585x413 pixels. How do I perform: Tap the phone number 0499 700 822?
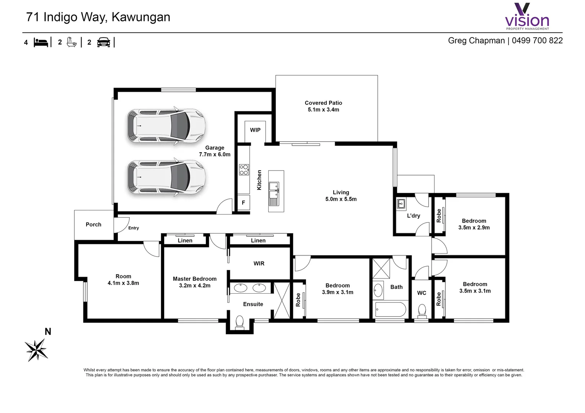point(537,41)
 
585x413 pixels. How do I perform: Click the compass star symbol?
point(36,350)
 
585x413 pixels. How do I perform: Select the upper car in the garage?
point(166,126)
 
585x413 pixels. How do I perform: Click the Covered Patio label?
point(323,103)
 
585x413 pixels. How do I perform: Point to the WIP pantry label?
point(255,130)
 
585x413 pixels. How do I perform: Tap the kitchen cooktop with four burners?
point(244,170)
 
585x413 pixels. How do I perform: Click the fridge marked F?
point(243,203)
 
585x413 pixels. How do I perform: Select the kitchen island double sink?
point(274,191)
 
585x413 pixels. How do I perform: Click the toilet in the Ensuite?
point(240,322)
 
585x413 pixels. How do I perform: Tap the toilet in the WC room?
point(422,311)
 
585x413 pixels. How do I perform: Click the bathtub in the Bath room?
point(390,309)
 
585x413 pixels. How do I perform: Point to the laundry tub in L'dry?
point(401,204)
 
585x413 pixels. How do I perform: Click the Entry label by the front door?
point(134,228)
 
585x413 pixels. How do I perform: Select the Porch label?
point(93,224)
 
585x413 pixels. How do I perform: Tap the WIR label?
point(259,263)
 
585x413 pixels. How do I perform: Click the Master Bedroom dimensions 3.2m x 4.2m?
point(194,286)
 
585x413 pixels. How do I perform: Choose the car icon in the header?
point(104,42)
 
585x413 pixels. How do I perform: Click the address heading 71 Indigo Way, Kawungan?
point(98,17)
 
